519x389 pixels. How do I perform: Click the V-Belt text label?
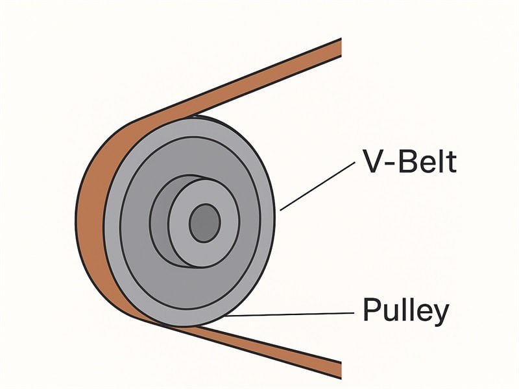(408, 162)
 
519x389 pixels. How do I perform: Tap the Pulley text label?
(405, 311)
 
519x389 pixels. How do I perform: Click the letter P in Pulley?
(372, 311)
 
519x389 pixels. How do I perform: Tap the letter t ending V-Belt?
(451, 162)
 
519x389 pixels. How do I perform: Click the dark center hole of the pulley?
(205, 222)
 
